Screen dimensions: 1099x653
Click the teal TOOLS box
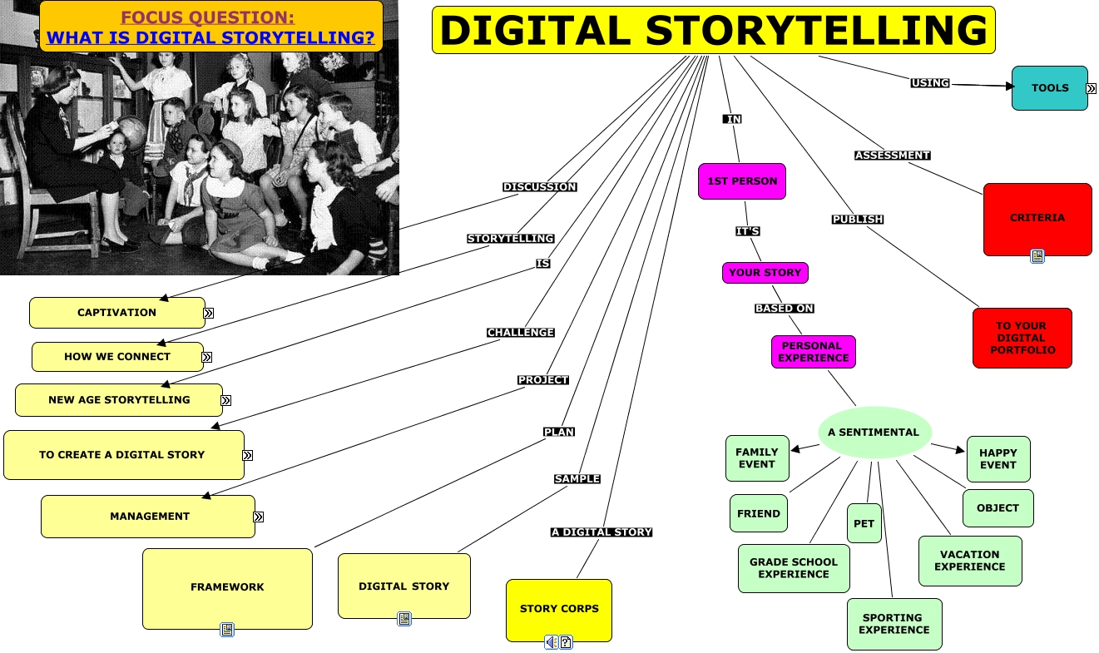[x=1049, y=88]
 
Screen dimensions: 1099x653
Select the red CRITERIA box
[x=1037, y=218]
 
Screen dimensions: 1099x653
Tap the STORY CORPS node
[x=558, y=609]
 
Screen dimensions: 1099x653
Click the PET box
[x=864, y=523]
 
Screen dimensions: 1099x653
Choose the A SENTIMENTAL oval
[x=873, y=432]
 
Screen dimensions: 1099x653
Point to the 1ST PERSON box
[x=741, y=181]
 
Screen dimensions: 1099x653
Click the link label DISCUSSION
[x=539, y=187]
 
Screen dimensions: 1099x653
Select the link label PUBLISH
[x=857, y=220]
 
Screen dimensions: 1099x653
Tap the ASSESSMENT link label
[x=892, y=156]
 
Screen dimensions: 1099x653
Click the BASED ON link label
[x=784, y=309]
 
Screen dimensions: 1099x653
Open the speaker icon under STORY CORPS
[x=551, y=642]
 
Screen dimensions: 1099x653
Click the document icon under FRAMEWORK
[x=227, y=630]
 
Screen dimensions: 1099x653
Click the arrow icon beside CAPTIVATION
[x=209, y=313]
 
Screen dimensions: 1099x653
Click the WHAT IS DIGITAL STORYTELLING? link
[x=210, y=37]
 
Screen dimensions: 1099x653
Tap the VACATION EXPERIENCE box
[x=969, y=561]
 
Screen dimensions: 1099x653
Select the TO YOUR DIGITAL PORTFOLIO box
[x=1022, y=338]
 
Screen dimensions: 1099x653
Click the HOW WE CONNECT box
[x=117, y=357]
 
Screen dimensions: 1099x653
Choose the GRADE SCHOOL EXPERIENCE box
[x=794, y=568]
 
